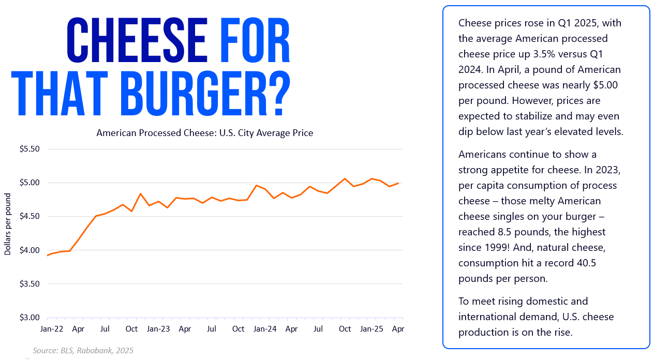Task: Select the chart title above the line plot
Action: pos(204,133)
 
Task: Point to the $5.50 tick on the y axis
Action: pos(29,149)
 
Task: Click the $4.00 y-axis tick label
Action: pos(29,250)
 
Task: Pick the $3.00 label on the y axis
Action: pos(29,318)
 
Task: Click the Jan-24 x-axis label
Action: pos(264,328)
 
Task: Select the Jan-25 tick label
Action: pos(371,328)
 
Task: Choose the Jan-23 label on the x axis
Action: pos(158,328)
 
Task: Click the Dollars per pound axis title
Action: pos(8,224)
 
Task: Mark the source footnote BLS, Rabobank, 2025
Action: pos(83,351)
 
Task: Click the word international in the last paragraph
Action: pos(486,317)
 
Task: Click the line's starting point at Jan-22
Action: pos(48,255)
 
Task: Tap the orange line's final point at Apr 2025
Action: pos(398,183)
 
